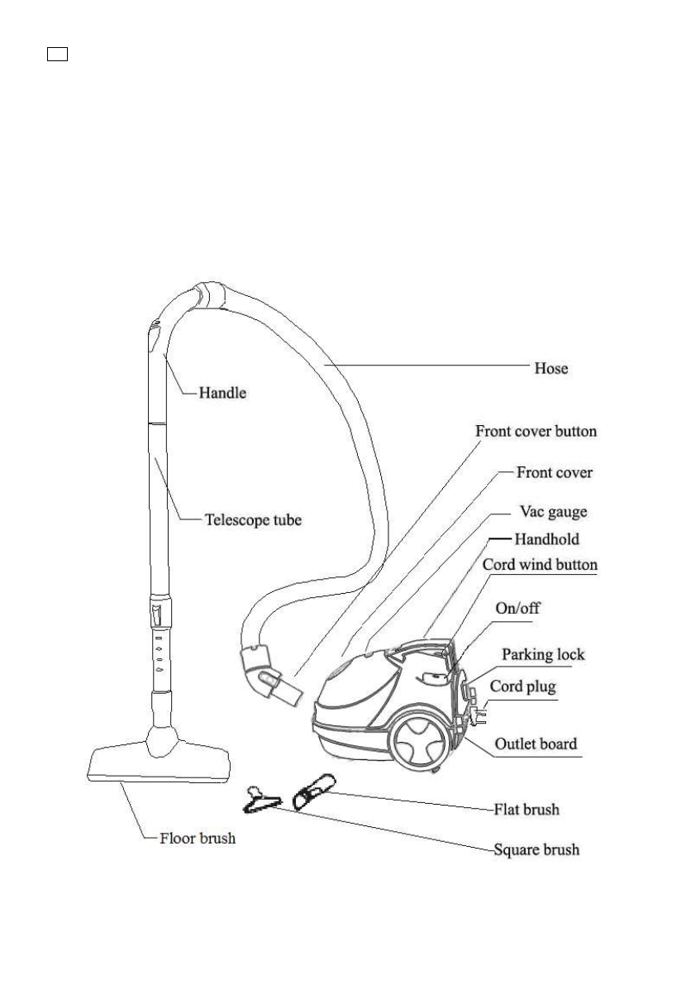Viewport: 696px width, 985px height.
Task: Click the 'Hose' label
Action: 551,368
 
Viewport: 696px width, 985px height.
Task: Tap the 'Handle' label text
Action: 222,394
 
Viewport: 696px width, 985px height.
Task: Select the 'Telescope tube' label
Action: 253,520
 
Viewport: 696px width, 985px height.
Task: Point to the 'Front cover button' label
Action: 536,431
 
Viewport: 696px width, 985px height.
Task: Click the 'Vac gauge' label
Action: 553,512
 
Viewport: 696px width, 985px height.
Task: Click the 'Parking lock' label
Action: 543,654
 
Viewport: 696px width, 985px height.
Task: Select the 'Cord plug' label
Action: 523,686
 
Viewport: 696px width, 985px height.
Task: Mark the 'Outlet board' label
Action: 536,744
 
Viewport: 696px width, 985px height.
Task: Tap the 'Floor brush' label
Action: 198,838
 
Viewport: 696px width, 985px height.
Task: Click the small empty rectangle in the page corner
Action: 56,55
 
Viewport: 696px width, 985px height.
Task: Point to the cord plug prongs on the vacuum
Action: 480,712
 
